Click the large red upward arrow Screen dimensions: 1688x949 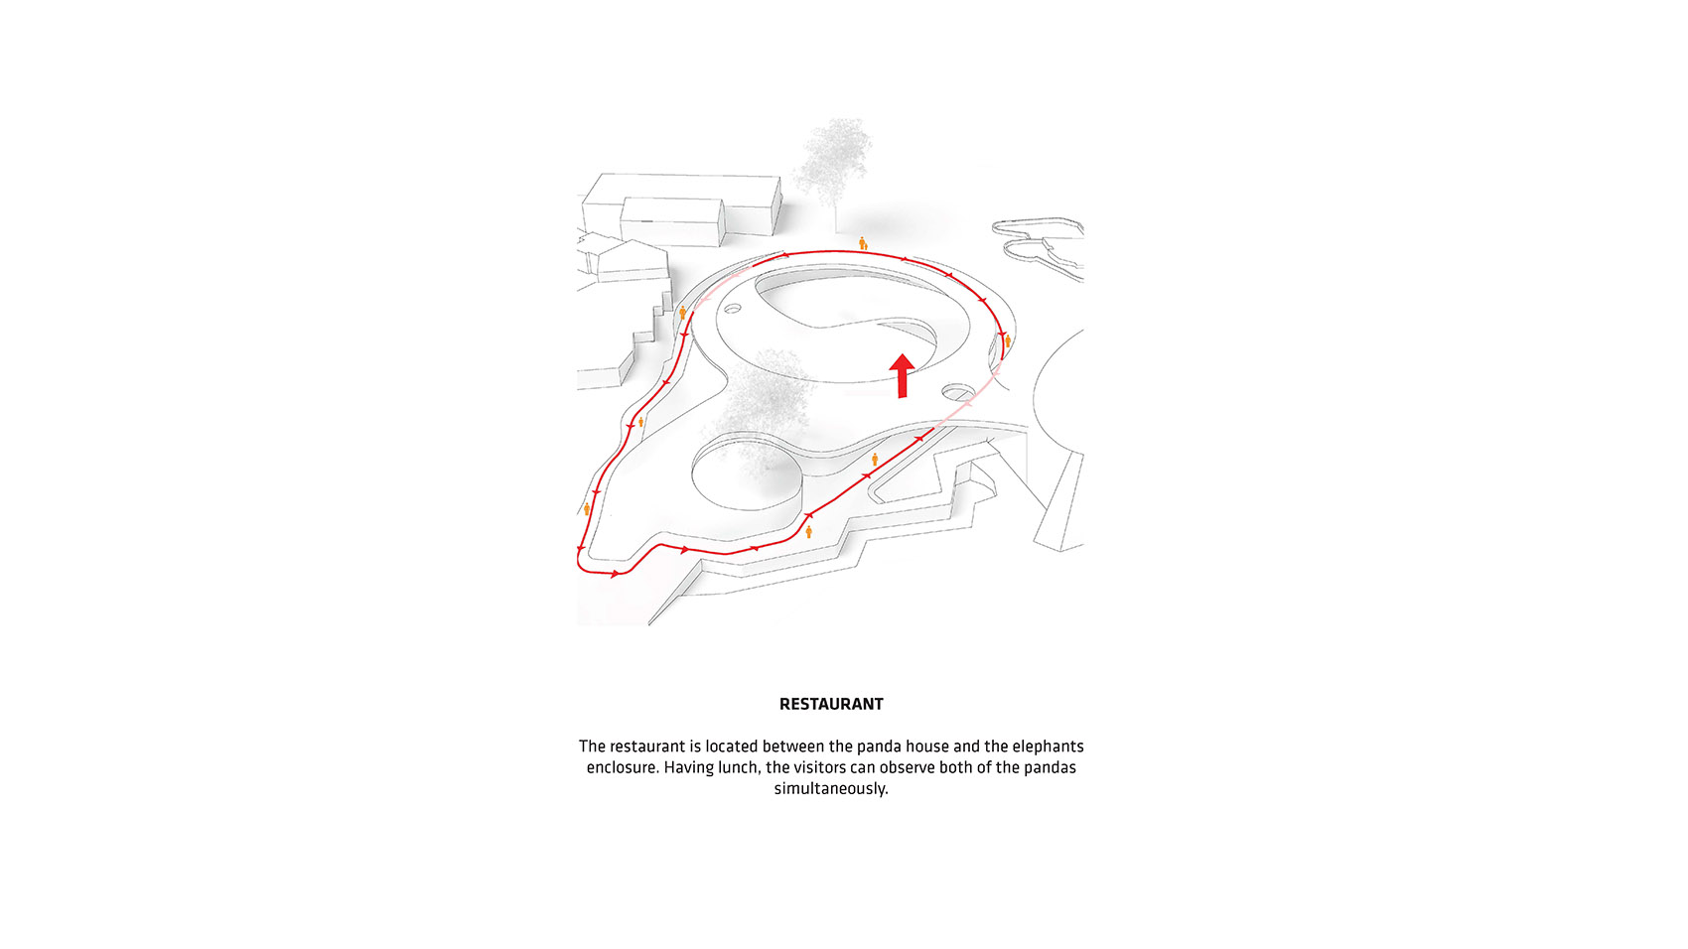click(x=902, y=375)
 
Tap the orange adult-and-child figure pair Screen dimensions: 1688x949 click(x=863, y=243)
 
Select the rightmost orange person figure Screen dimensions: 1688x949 click(x=1008, y=341)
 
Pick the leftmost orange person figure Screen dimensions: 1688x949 click(x=587, y=509)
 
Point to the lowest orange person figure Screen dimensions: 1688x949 click(x=808, y=532)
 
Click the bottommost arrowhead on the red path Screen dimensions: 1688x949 click(x=615, y=574)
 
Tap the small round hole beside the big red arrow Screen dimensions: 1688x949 click(x=958, y=392)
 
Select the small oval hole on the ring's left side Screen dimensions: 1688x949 click(x=733, y=308)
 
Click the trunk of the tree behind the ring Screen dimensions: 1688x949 click(x=835, y=217)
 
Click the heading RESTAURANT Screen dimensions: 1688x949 click(x=831, y=704)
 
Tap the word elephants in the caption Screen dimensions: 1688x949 click(x=1048, y=746)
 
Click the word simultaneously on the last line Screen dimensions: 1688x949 click(x=831, y=788)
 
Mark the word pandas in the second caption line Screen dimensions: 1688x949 click(x=1050, y=767)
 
